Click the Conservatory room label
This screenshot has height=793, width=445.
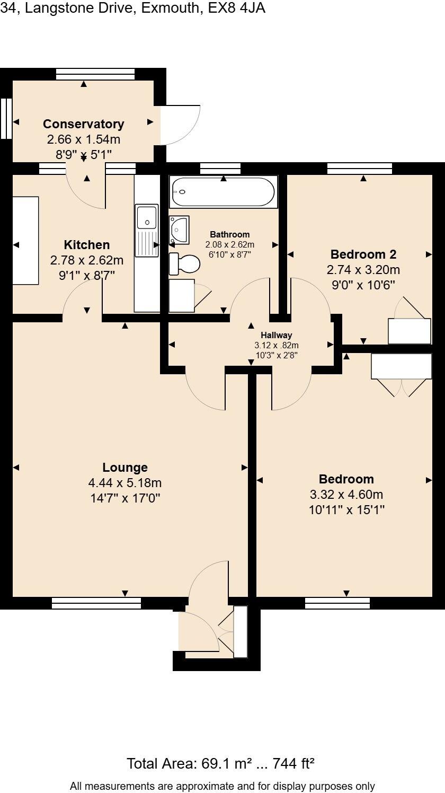(84, 124)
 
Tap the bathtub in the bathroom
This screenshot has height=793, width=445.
(222, 192)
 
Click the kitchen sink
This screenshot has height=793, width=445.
(146, 217)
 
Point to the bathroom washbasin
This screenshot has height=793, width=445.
(180, 230)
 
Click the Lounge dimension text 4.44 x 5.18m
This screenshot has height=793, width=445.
(125, 483)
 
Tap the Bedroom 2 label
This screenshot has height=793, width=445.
(363, 254)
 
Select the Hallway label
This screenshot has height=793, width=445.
(276, 335)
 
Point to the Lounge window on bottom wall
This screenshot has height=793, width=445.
(96, 603)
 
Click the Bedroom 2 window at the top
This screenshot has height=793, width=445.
(360, 169)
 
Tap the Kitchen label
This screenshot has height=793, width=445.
(87, 245)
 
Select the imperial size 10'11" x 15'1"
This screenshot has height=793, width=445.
(346, 510)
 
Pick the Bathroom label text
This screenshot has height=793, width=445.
(229, 234)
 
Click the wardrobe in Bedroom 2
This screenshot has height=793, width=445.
(410, 331)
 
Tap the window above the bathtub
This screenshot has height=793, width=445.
(220, 169)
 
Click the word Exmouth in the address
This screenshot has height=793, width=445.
(170, 8)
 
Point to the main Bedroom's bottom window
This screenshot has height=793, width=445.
(337, 603)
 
